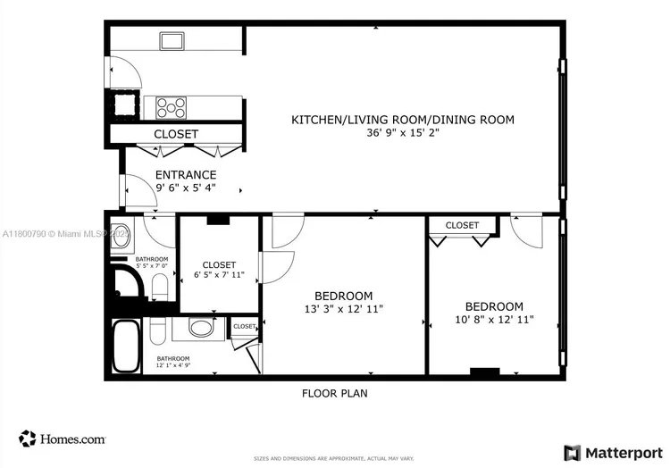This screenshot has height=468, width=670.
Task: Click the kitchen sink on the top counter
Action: pyautogui.click(x=172, y=40)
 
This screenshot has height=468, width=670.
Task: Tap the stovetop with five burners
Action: pyautogui.click(x=172, y=107)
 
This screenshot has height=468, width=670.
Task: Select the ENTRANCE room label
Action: pyautogui.click(x=186, y=174)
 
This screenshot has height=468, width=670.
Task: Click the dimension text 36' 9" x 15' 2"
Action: pyautogui.click(x=403, y=132)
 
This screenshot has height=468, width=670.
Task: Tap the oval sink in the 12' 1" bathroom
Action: pyautogui.click(x=203, y=329)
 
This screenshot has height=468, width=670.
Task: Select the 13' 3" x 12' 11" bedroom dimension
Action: pyautogui.click(x=343, y=309)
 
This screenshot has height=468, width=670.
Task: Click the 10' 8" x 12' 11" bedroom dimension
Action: pyautogui.click(x=494, y=319)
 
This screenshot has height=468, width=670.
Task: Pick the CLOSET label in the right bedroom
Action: pyautogui.click(x=462, y=225)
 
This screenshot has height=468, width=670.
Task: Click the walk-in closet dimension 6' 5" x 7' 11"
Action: pyautogui.click(x=219, y=275)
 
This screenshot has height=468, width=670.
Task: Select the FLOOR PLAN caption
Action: pyautogui.click(x=334, y=393)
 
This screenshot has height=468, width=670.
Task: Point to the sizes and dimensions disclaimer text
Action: pyautogui.click(x=334, y=457)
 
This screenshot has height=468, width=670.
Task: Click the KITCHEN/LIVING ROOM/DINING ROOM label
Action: pyautogui.click(x=403, y=119)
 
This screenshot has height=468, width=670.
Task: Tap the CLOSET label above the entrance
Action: pyautogui.click(x=175, y=134)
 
